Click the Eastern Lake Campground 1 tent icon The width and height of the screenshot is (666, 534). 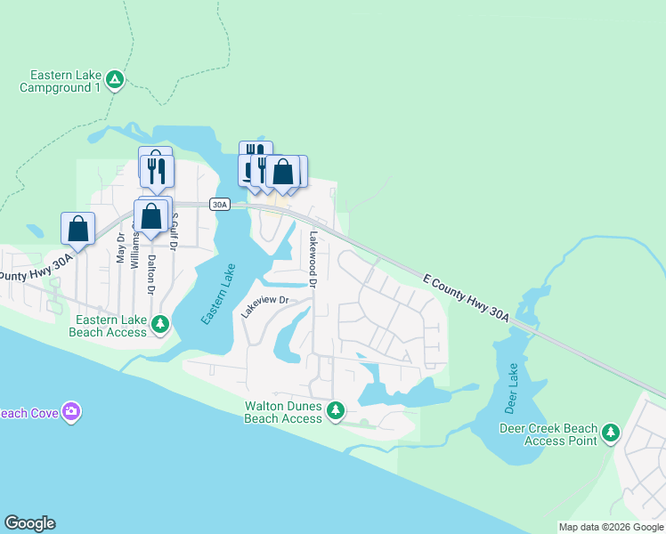[115, 81]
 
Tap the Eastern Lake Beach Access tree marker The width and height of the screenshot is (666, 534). [160, 324]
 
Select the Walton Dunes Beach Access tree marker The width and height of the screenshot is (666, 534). [336, 410]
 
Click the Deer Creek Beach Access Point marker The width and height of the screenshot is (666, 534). [610, 433]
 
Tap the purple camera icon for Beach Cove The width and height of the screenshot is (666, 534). [71, 411]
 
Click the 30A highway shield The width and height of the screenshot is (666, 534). [220, 204]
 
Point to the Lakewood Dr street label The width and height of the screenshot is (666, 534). [313, 259]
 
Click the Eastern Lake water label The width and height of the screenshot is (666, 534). [218, 294]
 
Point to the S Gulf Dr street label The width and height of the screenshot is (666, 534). [175, 227]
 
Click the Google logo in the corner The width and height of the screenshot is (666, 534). [29, 523]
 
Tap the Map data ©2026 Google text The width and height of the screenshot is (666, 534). [611, 527]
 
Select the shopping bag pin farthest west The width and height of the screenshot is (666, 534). [78, 228]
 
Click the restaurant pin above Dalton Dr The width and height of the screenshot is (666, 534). [157, 170]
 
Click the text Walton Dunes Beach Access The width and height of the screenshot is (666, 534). [283, 412]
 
